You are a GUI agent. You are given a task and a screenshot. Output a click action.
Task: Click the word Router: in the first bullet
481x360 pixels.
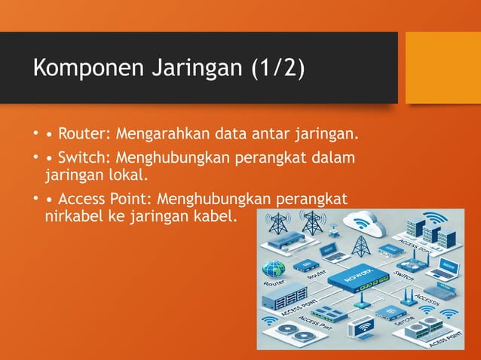[x=84, y=136]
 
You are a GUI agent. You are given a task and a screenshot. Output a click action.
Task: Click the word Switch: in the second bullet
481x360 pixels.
[x=84, y=159]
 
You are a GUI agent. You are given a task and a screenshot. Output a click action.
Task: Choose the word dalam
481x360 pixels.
[x=335, y=159]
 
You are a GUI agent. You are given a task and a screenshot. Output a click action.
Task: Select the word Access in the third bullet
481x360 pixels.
[x=84, y=200]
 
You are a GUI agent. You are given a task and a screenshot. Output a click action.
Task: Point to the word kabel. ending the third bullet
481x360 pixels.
[x=218, y=217]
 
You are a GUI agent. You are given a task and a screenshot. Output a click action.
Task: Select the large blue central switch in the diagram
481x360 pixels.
[x=356, y=282]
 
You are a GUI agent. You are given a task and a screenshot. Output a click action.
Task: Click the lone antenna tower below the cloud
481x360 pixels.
[x=360, y=245]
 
